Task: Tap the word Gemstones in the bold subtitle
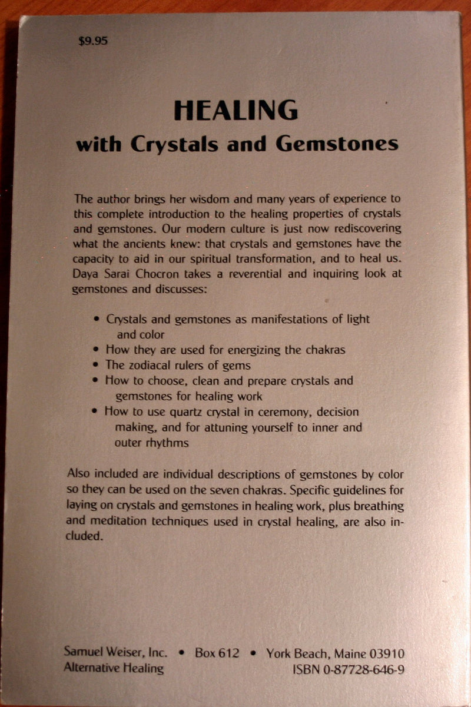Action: [x=340, y=144]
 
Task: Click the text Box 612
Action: [x=217, y=653]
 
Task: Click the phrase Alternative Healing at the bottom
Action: [x=113, y=668]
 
